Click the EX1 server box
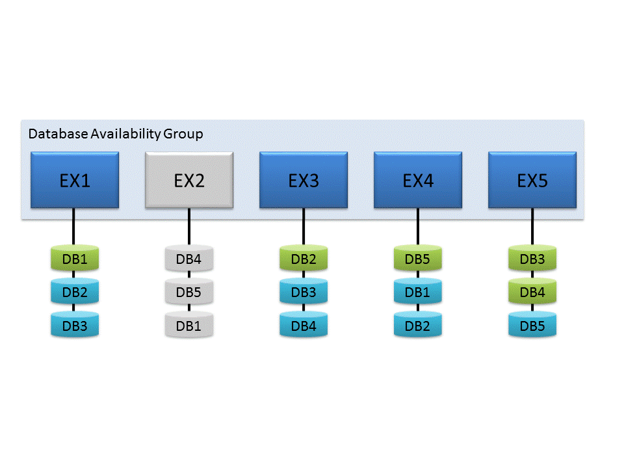(x=75, y=180)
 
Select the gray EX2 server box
(x=189, y=180)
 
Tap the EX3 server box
(x=304, y=180)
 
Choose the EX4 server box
(x=418, y=180)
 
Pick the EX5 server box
(x=532, y=180)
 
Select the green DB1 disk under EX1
(x=75, y=259)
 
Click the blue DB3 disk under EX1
(x=75, y=325)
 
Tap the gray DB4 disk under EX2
(x=189, y=259)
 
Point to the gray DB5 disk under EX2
(x=189, y=292)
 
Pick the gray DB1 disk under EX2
(x=189, y=325)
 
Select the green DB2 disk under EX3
(x=304, y=259)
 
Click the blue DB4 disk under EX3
(x=304, y=325)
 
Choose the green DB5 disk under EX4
(x=418, y=259)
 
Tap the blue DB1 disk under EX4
(x=418, y=292)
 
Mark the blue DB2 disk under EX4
(x=418, y=325)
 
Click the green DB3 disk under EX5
(x=532, y=259)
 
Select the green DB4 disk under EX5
(x=532, y=292)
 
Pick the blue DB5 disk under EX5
(x=532, y=325)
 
